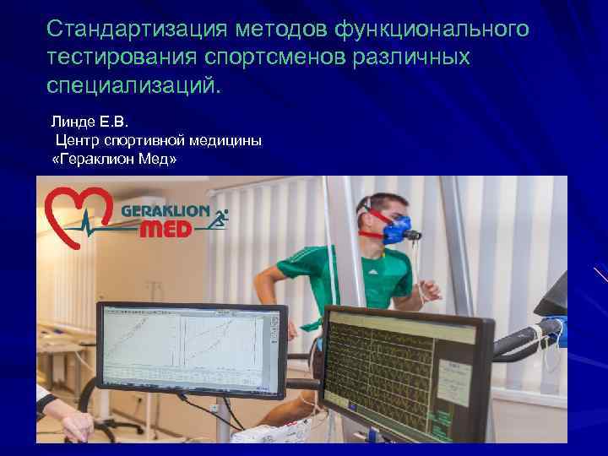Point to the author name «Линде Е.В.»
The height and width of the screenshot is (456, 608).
click(x=89, y=122)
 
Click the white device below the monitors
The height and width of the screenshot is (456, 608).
click(x=270, y=434)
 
